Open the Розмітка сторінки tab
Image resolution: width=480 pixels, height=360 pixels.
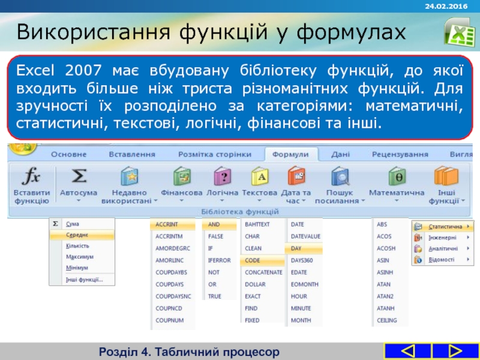[215, 154]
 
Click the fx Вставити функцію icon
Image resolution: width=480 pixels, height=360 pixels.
[31, 176]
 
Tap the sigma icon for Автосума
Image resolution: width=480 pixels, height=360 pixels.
[79, 176]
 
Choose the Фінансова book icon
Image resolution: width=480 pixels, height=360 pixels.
[182, 176]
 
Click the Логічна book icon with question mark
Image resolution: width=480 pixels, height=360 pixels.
[223, 176]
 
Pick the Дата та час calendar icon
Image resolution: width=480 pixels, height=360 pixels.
[296, 176]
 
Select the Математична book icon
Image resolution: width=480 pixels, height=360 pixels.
[397, 176]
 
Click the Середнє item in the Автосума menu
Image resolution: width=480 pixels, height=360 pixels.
[77, 235]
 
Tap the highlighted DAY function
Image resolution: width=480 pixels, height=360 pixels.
[296, 248]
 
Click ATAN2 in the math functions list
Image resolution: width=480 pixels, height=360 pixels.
[385, 296]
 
